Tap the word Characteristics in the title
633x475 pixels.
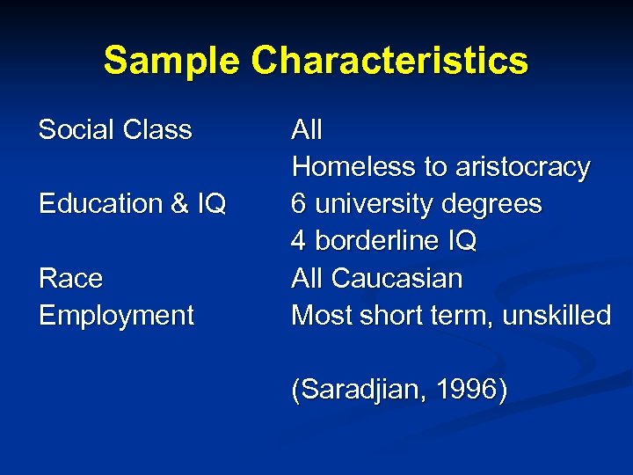coord(389,61)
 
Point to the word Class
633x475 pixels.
coord(157,130)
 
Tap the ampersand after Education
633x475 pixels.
coord(180,204)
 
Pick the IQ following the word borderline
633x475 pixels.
coord(459,241)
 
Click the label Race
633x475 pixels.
coord(70,279)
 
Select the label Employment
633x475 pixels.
coord(116,316)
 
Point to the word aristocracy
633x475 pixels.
coord(522,167)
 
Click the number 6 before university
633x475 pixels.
coord(299,204)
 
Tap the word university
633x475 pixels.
coord(372,204)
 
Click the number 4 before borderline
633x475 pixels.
coord(299,241)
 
